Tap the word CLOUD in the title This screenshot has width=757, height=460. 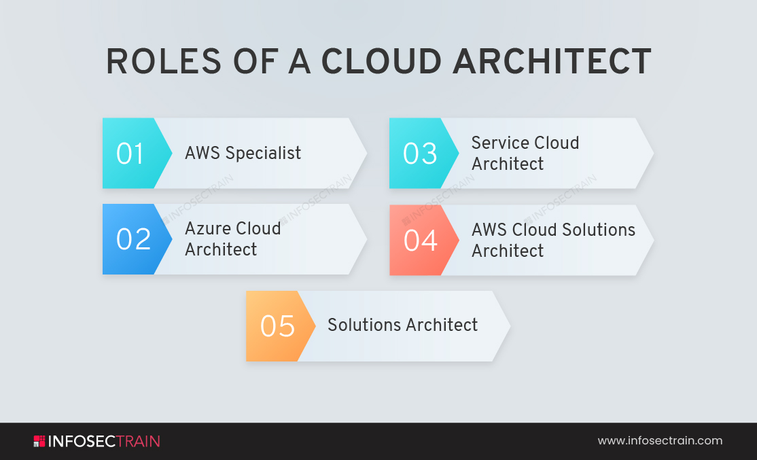pos(381,62)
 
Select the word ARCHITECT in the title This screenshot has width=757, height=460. pos(552,62)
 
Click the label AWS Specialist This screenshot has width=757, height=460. pos(243,153)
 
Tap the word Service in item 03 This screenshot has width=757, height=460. pos(499,143)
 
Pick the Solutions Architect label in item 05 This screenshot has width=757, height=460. pos(403,325)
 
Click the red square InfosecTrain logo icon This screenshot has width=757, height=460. pos(39,441)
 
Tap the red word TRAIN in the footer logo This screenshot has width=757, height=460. pos(138,441)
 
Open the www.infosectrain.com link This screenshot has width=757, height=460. pos(660,440)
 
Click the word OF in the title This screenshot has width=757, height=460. pos(256,62)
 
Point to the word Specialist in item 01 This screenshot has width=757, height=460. pos(263,153)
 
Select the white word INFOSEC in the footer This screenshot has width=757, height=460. pos(82,441)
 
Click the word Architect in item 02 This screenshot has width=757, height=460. pos(221,249)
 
